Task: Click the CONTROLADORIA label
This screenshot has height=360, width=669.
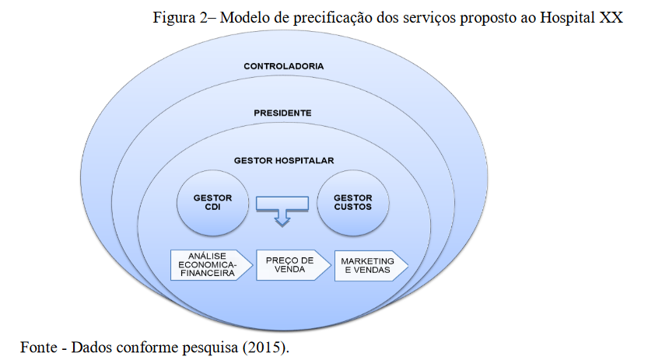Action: pyautogui.click(x=284, y=66)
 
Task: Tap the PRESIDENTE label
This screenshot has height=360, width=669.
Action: pyautogui.click(x=282, y=113)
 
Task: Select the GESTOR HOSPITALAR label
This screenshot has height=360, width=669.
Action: pyautogui.click(x=284, y=161)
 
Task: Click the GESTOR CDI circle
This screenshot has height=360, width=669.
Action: pyautogui.click(x=212, y=203)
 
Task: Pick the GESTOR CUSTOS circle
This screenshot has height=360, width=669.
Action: pyautogui.click(x=353, y=203)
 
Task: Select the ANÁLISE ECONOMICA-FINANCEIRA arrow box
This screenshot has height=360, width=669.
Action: pyautogui.click(x=212, y=265)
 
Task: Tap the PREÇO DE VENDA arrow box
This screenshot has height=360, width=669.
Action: pyautogui.click(x=293, y=265)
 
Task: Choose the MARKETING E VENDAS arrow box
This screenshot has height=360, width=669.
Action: pyautogui.click(x=371, y=265)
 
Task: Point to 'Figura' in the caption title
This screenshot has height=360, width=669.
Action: pyautogui.click(x=174, y=18)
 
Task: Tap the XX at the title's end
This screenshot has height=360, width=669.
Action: pyautogui.click(x=611, y=17)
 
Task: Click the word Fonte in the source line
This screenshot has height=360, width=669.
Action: pyautogui.click(x=39, y=348)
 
